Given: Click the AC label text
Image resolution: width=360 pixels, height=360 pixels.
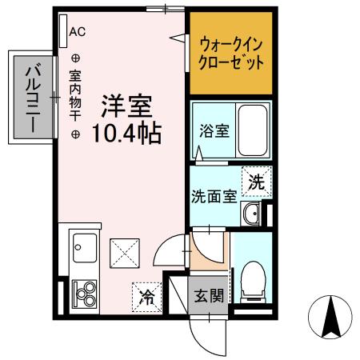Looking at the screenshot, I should point(78,32).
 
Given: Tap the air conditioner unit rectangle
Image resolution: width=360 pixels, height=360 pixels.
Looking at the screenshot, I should point(63,32).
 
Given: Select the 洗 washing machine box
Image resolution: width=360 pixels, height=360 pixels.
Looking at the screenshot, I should point(256,182).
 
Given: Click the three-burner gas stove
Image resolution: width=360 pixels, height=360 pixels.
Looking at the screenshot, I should point(84,294).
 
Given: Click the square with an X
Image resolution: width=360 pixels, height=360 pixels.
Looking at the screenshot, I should point(124,254).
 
